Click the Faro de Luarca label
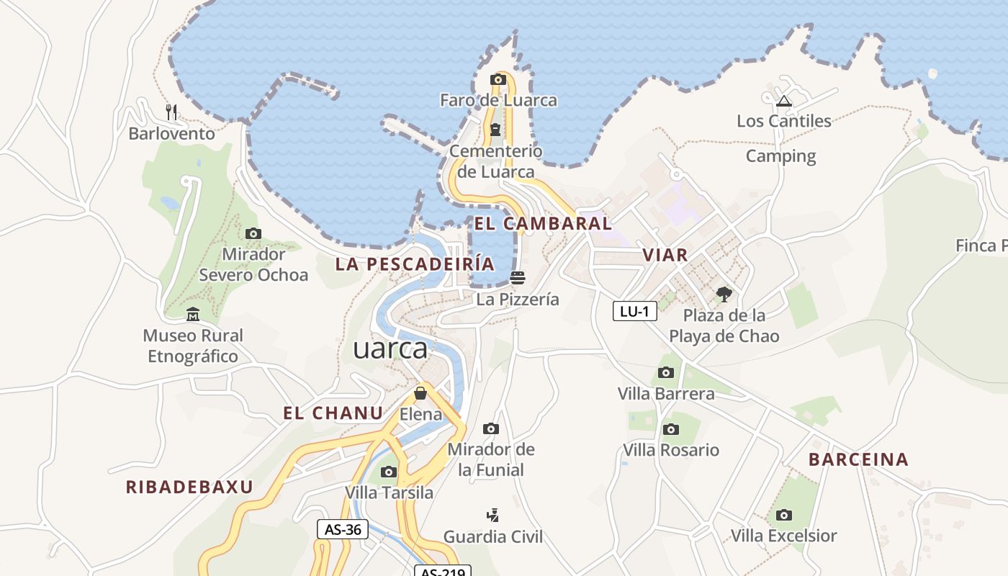498,100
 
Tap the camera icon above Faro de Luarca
498,80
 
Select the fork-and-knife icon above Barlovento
171,112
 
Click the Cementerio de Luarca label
496,161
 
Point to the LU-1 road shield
635,311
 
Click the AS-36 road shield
343,529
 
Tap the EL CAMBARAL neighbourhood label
543,223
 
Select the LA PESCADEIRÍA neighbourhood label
415,264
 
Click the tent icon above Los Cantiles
784,100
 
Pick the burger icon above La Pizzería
517,277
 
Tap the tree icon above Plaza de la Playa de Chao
724,294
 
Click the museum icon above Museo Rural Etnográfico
192,315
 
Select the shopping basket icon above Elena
420,393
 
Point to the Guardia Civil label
493,536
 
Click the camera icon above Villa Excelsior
784,515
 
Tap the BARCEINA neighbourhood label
858,459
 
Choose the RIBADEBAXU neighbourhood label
189,487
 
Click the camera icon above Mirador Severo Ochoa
253,233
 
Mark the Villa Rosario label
671,450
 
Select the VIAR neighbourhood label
665,254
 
